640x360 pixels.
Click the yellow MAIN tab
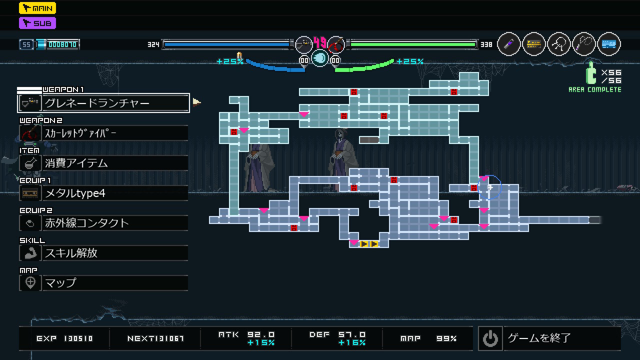[x=37, y=8]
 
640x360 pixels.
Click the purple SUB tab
[x=37, y=23]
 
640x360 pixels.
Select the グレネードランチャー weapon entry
[x=103, y=103]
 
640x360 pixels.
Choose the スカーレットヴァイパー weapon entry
[x=103, y=133]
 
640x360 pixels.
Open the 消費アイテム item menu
[x=103, y=163]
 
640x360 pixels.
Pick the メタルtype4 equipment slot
[x=103, y=193]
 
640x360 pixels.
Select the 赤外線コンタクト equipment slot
[x=103, y=223]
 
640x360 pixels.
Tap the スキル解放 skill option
[x=103, y=253]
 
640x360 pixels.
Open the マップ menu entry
[x=103, y=283]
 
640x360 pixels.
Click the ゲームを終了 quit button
[x=549, y=338]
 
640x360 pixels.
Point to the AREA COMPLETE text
[x=595, y=90]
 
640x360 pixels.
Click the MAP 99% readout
[x=428, y=338]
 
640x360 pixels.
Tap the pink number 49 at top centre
[x=320, y=42]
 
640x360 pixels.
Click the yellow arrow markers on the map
[x=369, y=244]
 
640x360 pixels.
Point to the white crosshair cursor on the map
[x=490, y=187]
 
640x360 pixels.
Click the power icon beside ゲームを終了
[x=490, y=338]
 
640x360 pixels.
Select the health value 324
[x=153, y=44]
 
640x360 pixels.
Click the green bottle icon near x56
[x=591, y=74]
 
